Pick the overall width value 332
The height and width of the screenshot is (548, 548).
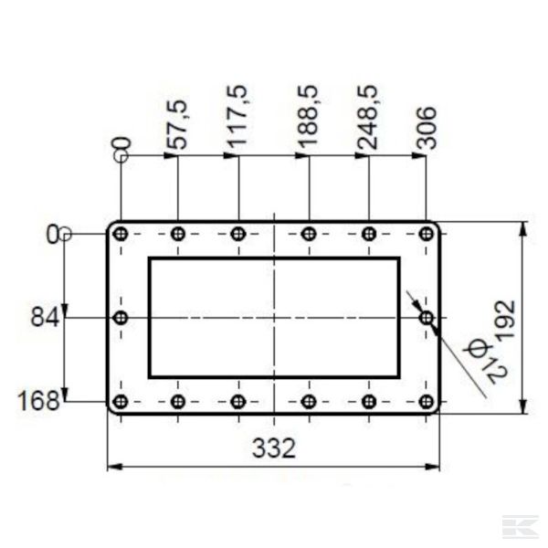(273, 448)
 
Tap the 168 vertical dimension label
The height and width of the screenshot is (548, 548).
(41, 401)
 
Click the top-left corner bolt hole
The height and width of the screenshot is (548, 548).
(121, 234)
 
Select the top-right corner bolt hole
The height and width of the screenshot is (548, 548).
(426, 234)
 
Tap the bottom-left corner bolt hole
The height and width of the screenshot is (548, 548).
(121, 401)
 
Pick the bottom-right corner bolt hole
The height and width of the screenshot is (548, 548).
(426, 401)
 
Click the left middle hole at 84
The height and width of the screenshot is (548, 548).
(121, 318)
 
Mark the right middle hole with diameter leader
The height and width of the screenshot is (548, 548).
(426, 318)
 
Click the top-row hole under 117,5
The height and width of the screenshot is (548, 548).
(238, 234)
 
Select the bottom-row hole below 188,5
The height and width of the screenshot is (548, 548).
(309, 401)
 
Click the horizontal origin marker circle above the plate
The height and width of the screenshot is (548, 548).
(121, 156)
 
